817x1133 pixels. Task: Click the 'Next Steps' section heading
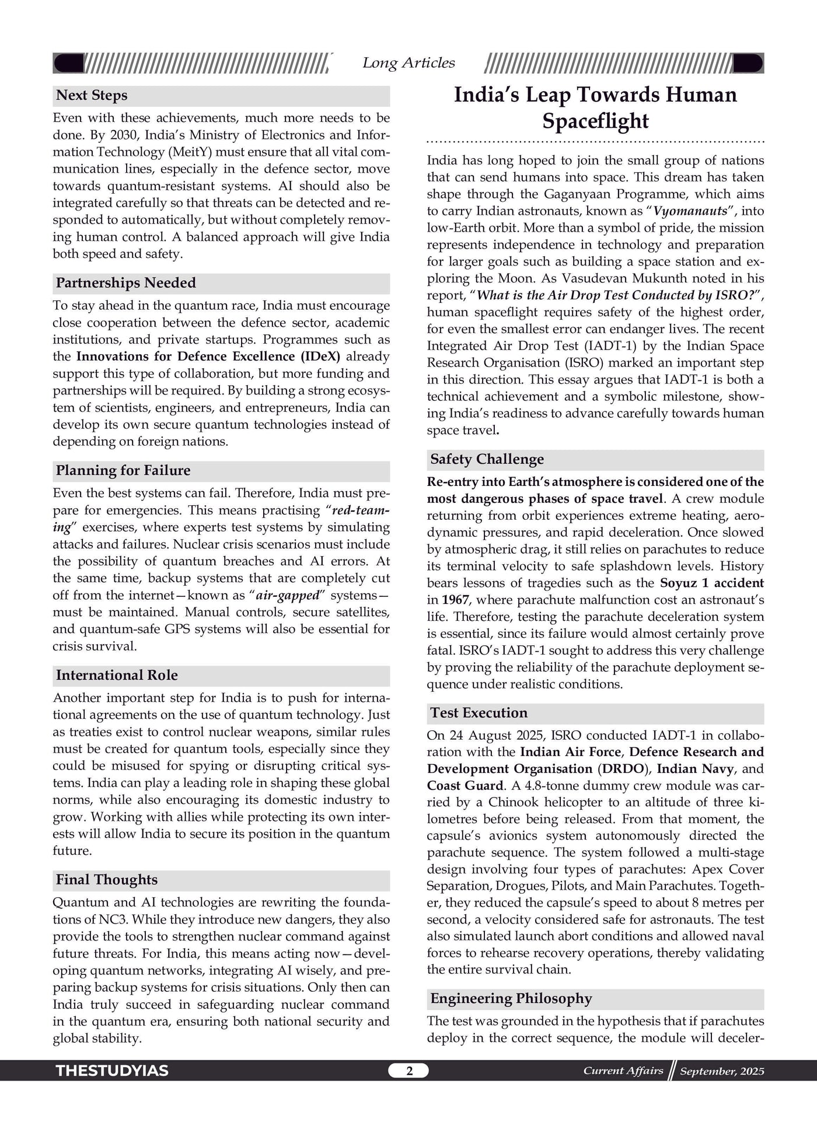click(x=92, y=96)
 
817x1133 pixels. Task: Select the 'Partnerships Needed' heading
click(x=125, y=284)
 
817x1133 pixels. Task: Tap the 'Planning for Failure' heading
click(x=123, y=471)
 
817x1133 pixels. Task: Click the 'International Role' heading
click(x=117, y=676)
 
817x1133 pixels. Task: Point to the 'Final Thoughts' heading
click(x=107, y=880)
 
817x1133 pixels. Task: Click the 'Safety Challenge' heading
click(x=487, y=460)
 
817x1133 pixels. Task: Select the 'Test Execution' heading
click(x=479, y=713)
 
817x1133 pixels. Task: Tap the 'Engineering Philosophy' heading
click(x=511, y=999)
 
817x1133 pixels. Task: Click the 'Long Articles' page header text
click(x=408, y=63)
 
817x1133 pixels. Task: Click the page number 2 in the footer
click(x=409, y=1071)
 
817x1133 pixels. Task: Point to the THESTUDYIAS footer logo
click(x=112, y=1071)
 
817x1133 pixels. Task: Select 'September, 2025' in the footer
click(x=722, y=1071)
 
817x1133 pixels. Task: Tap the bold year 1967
click(x=455, y=600)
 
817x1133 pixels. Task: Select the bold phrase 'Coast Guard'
click(x=465, y=786)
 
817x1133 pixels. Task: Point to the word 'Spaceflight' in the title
click(x=595, y=121)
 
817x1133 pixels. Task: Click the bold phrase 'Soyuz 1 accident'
click(x=711, y=583)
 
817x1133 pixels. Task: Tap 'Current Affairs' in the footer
click(x=623, y=1071)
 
